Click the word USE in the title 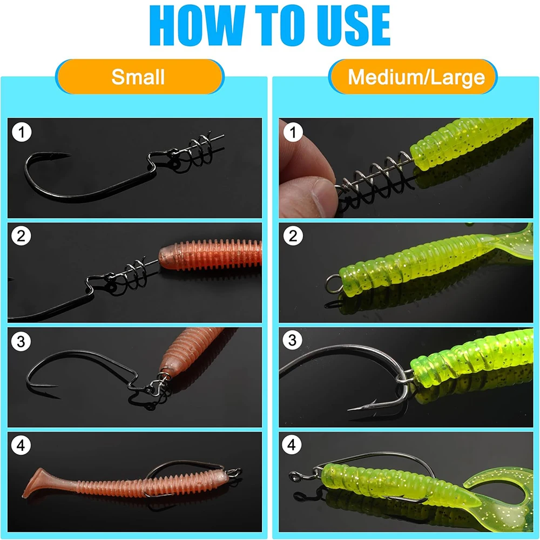point(354,25)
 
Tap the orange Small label point(139,77)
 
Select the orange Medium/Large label point(413,77)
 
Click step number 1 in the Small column point(22,132)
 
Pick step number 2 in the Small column point(21,236)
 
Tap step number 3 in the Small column point(21,341)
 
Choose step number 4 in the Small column point(21,446)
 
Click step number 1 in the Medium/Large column point(293,132)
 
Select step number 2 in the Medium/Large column point(293,236)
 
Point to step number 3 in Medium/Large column point(292,340)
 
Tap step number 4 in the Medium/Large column point(292,445)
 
